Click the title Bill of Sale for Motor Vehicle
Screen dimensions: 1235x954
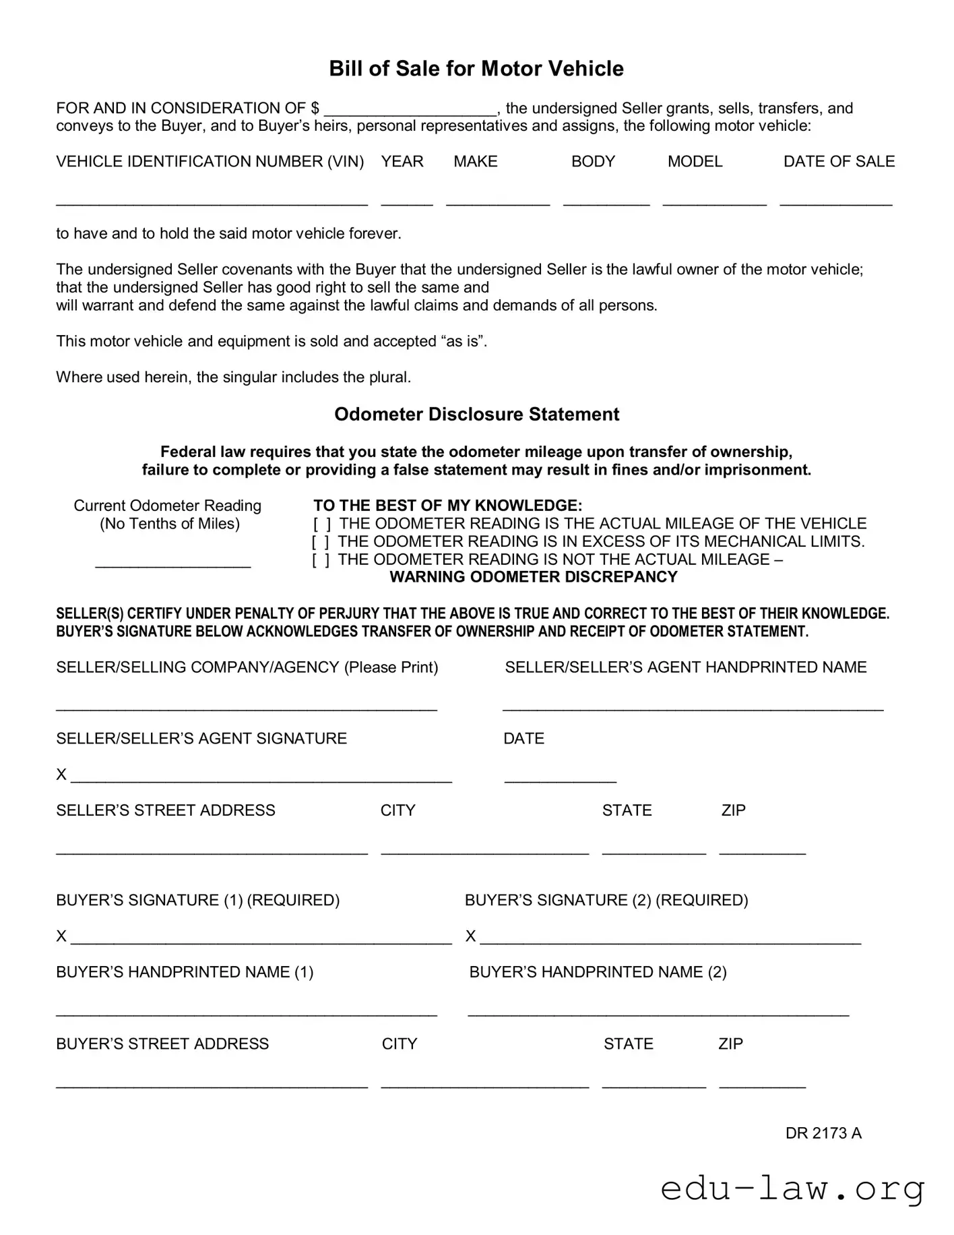click(476, 69)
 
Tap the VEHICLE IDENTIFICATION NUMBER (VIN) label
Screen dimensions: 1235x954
click(210, 162)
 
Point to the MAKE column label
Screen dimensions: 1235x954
click(475, 162)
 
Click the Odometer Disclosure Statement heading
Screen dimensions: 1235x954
click(476, 414)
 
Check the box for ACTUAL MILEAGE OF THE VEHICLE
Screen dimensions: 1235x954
click(321, 524)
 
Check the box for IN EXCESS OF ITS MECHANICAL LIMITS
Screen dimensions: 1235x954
click(320, 542)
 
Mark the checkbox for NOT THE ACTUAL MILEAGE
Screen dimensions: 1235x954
click(320, 560)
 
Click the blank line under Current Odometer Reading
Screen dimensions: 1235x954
click(173, 564)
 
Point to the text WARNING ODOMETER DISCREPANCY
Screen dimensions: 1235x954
click(533, 577)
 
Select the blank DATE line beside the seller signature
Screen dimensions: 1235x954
click(560, 779)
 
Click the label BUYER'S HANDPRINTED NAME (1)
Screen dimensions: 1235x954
click(185, 972)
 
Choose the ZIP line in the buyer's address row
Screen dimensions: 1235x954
click(762, 1084)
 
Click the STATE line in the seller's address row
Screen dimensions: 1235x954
click(654, 851)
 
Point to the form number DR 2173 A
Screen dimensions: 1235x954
click(823, 1133)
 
